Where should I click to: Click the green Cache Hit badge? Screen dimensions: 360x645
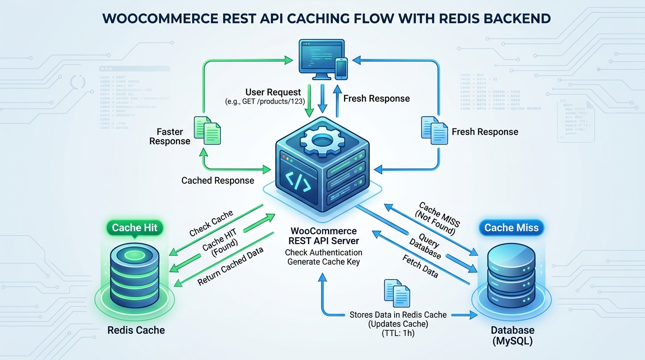(x=135, y=228)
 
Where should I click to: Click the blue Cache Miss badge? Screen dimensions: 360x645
(x=511, y=228)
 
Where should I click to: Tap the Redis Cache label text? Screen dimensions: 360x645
(x=136, y=330)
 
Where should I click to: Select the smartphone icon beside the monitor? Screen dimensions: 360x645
(x=342, y=69)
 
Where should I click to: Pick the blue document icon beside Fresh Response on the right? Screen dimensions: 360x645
(x=434, y=130)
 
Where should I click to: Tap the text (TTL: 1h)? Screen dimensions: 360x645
(x=398, y=334)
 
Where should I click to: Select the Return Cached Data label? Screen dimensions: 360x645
(x=230, y=266)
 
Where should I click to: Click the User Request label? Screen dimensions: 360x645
(x=273, y=92)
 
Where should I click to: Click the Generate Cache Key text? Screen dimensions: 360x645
(x=323, y=262)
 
